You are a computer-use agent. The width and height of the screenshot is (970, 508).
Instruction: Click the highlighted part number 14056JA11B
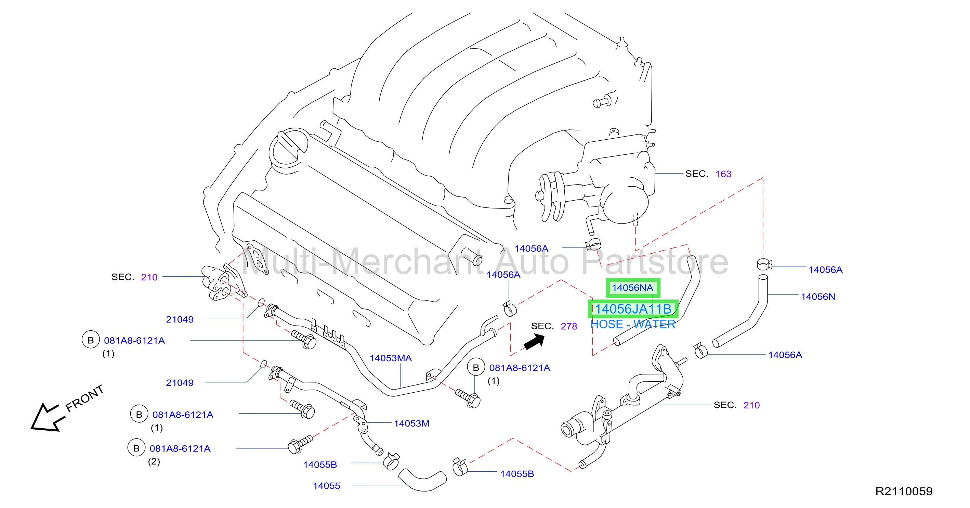click(633, 309)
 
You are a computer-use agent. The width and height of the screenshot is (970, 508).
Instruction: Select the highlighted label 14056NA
click(633, 288)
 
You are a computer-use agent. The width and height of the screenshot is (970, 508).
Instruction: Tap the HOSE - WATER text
click(633, 325)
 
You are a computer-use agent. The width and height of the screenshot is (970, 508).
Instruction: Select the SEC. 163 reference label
click(708, 174)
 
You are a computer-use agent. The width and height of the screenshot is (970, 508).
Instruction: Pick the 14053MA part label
click(391, 358)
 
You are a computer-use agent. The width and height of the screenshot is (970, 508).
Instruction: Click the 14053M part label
click(411, 423)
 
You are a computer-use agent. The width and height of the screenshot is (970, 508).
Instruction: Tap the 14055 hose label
click(327, 486)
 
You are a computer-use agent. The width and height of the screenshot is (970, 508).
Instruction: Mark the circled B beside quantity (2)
click(136, 448)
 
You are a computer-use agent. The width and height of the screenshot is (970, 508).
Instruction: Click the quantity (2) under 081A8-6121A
click(154, 462)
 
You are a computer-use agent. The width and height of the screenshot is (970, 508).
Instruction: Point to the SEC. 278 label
click(554, 326)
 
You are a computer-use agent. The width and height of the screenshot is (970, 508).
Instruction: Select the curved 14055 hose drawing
click(422, 480)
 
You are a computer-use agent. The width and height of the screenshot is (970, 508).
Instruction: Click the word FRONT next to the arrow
click(84, 398)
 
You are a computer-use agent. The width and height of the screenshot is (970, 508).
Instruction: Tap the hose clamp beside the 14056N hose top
click(764, 264)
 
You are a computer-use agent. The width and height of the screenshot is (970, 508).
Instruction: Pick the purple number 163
click(723, 174)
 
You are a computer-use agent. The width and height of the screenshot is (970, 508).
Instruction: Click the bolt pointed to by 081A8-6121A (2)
click(300, 444)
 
